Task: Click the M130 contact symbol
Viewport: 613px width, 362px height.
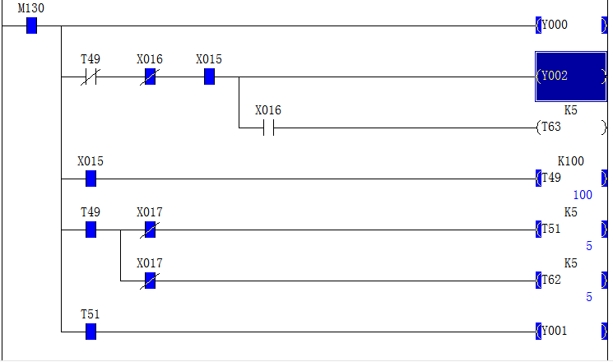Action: coord(31,26)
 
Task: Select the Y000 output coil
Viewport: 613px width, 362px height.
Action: coord(571,26)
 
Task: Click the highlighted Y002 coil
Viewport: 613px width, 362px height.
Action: coord(571,77)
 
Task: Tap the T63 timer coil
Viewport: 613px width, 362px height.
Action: coord(571,128)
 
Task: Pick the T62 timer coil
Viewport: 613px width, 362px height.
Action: coord(571,281)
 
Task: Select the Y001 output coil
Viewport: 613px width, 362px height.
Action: coord(571,332)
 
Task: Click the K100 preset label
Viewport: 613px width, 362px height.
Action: coord(570,161)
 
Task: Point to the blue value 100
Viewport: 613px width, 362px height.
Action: coord(583,195)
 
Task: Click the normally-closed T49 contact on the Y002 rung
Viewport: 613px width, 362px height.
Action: coord(91,77)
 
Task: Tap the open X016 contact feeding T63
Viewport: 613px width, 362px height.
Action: coord(268,128)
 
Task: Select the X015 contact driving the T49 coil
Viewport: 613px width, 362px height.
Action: coord(91,179)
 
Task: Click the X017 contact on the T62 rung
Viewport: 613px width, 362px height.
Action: coord(150,281)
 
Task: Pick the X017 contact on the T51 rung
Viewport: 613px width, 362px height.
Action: coord(150,230)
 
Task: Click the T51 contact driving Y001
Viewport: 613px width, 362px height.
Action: coord(91,332)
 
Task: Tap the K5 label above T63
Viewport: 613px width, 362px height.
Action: coord(571,110)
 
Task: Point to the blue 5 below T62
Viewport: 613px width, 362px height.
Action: coord(589,297)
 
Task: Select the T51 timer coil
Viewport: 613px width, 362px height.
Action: coord(571,229)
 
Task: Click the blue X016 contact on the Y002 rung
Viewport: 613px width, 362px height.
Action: coord(150,77)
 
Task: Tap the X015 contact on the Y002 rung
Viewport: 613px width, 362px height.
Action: coord(209,77)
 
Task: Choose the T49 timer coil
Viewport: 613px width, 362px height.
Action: coord(571,179)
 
